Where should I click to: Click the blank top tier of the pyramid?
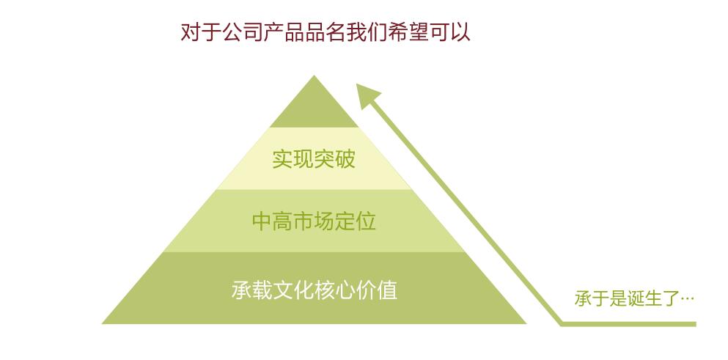(x=315, y=108)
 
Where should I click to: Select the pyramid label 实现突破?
(x=314, y=159)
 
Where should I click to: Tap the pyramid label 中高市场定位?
(x=314, y=221)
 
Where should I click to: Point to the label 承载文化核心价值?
(x=314, y=290)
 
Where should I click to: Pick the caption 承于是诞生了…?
(x=634, y=298)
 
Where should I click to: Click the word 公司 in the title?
(x=243, y=32)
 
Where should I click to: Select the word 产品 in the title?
(x=284, y=32)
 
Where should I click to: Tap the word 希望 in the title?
(x=408, y=32)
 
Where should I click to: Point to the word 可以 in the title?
(x=449, y=32)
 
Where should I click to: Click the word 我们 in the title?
(x=367, y=32)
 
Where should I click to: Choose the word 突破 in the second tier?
(x=335, y=159)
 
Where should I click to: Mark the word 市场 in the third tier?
(x=314, y=221)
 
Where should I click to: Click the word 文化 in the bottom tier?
(x=293, y=290)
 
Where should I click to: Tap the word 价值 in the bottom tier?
(x=377, y=290)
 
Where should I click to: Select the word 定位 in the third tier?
(x=355, y=221)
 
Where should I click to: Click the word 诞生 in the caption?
(x=643, y=298)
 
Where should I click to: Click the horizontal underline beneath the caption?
(x=628, y=324)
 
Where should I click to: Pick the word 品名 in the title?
(x=326, y=32)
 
